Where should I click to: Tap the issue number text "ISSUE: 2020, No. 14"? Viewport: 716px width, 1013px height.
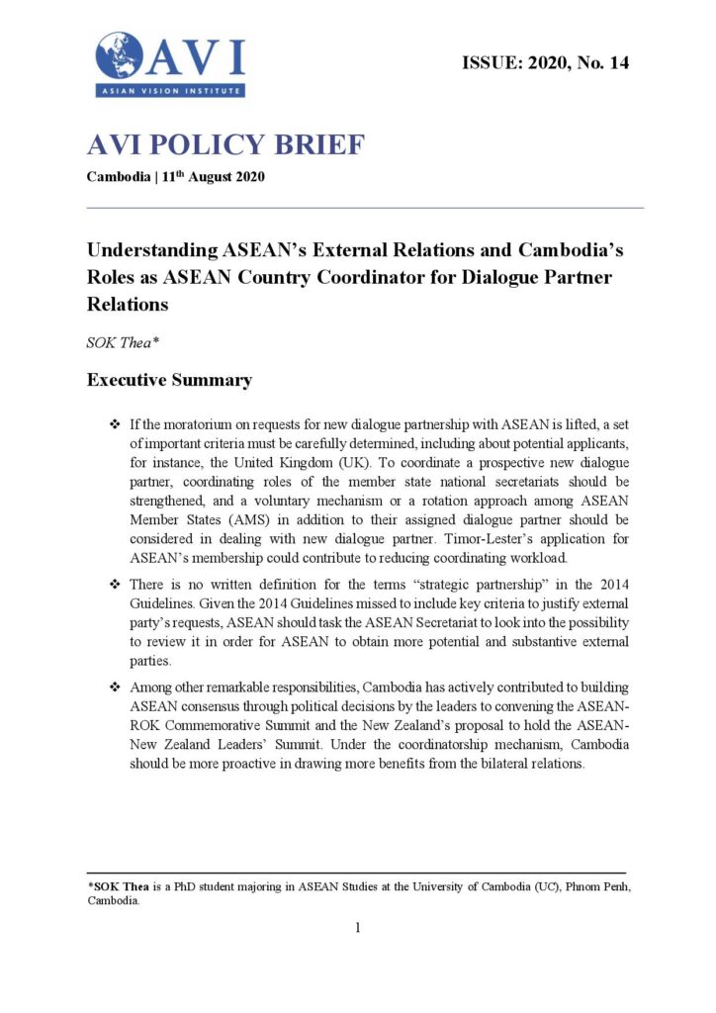tap(546, 63)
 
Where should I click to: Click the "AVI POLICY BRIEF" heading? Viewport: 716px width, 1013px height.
tap(226, 144)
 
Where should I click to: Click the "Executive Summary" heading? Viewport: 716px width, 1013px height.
tap(169, 380)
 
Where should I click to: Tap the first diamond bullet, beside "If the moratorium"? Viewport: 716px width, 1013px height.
tap(115, 424)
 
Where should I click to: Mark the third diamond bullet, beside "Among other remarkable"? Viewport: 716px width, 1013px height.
tap(115, 687)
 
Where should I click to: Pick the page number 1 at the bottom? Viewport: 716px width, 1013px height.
tap(357, 927)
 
